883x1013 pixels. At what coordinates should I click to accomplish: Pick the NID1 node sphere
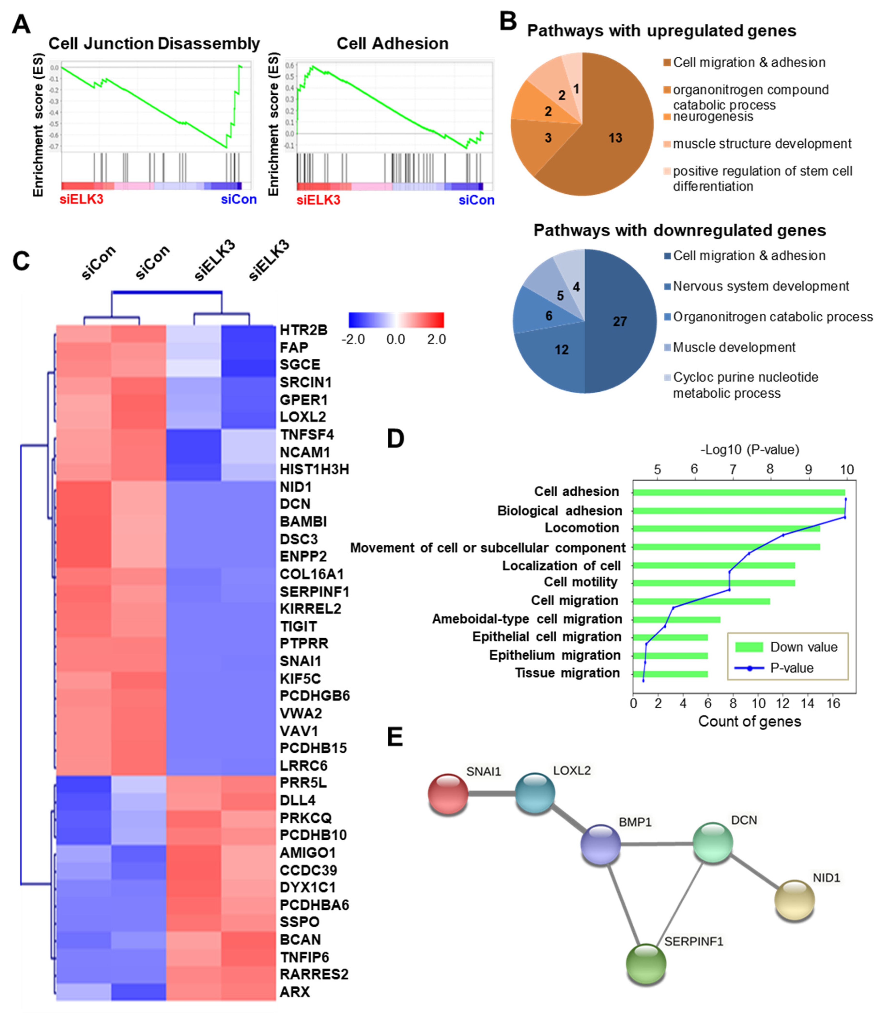[x=794, y=900]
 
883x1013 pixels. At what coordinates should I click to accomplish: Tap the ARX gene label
[x=295, y=991]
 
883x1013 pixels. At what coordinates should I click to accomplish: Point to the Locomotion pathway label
[x=581, y=528]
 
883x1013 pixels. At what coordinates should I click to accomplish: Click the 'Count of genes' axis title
[x=749, y=721]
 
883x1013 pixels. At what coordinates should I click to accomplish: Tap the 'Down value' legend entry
[x=803, y=647]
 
